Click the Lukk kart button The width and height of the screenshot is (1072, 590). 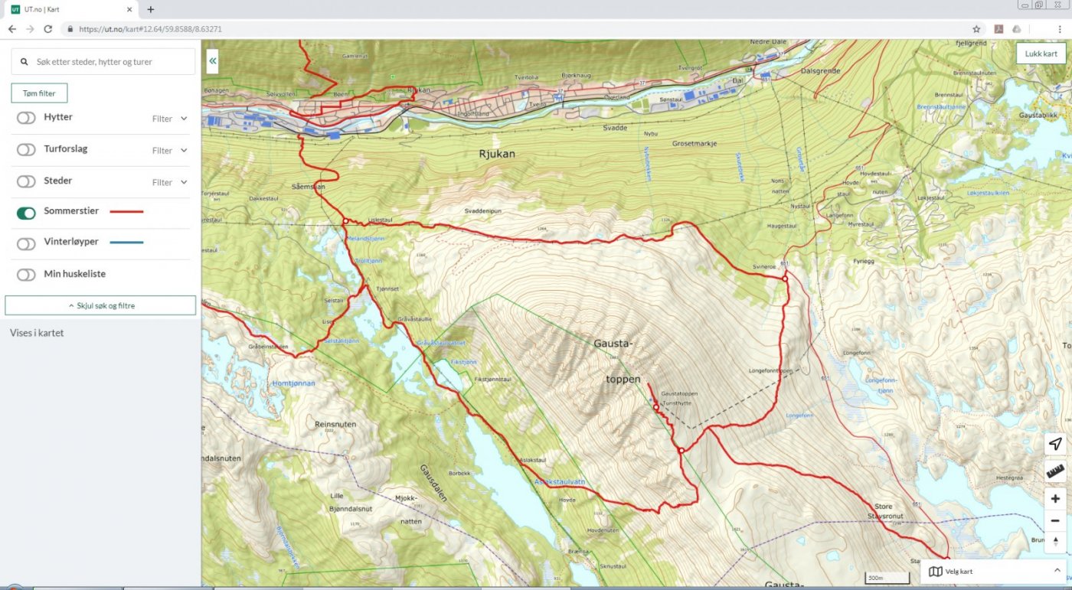tap(1041, 54)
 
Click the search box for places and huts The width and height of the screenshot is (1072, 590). tap(103, 62)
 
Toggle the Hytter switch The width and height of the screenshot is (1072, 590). tap(26, 118)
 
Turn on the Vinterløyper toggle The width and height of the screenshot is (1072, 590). tap(26, 243)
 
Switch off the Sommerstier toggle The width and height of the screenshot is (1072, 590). tap(26, 213)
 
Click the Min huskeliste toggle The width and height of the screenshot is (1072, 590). tap(26, 275)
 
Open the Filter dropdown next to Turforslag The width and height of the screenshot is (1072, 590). tap(169, 151)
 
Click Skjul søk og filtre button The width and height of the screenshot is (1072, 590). tap(100, 305)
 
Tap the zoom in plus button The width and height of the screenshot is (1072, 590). tap(1055, 499)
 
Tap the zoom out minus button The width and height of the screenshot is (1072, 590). tap(1055, 520)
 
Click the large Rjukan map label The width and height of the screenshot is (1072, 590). tap(497, 154)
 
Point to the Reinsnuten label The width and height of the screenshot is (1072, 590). tap(335, 423)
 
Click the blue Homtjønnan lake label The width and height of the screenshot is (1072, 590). tap(293, 383)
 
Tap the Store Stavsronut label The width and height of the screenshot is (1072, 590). tap(888, 510)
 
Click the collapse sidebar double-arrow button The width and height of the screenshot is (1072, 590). tap(212, 60)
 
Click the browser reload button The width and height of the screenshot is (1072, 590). tap(47, 29)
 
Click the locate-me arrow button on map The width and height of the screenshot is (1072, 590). tap(1055, 444)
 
